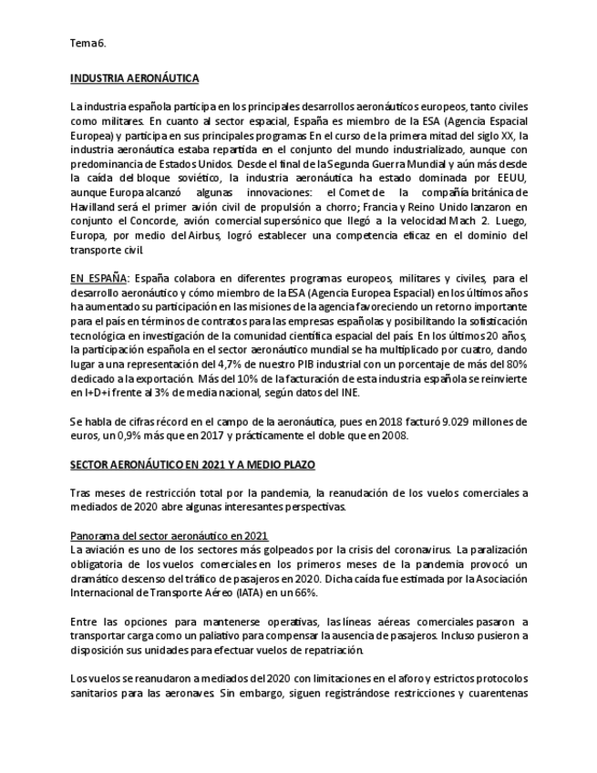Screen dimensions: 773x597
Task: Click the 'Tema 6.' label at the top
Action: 88,43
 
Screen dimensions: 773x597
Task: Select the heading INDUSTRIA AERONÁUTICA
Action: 134,78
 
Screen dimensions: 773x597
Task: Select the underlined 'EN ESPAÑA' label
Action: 98,277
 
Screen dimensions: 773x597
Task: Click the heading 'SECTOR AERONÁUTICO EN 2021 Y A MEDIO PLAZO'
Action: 192,465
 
